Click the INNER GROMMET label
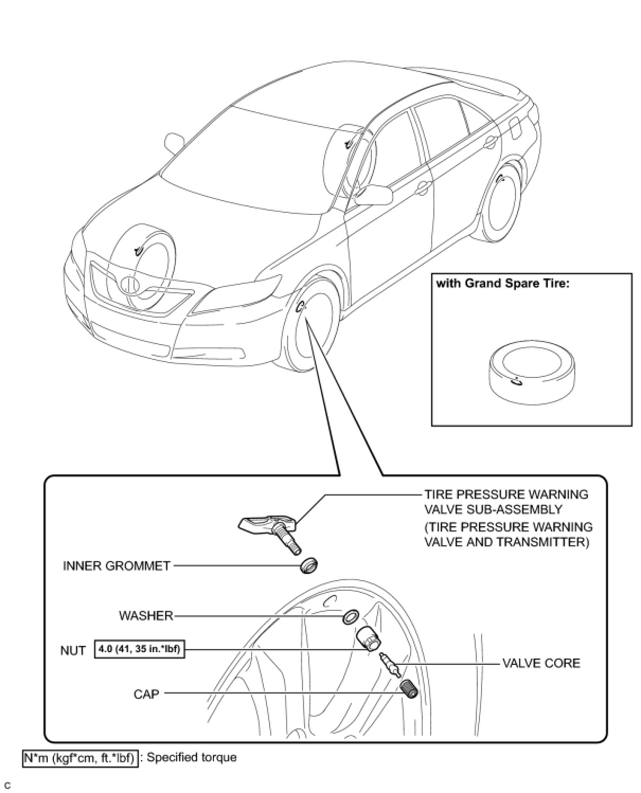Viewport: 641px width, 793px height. tap(117, 566)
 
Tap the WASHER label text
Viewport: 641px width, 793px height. tap(146, 616)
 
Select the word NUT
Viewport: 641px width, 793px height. tap(73, 651)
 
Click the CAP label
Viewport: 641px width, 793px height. tap(146, 693)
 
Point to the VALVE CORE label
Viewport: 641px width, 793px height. tap(541, 663)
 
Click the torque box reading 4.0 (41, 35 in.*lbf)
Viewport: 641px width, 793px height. tap(139, 649)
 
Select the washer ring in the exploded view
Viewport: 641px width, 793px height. tap(350, 616)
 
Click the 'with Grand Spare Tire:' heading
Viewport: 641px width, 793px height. tap(502, 283)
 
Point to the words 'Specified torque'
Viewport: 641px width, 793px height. tap(191, 758)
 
